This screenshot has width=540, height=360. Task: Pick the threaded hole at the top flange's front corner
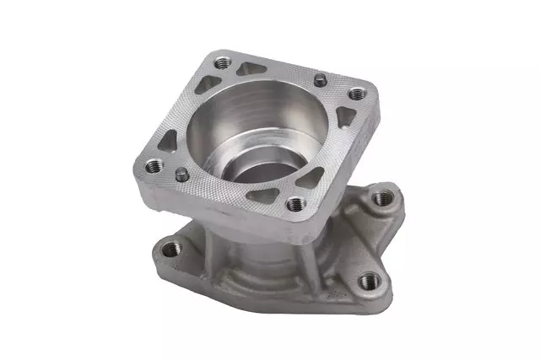click(x=294, y=204)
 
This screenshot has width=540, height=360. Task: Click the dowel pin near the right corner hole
click(x=321, y=80)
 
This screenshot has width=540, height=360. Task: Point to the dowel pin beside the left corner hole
click(x=181, y=173)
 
